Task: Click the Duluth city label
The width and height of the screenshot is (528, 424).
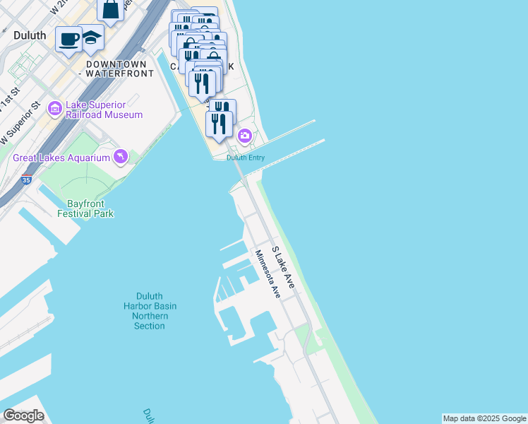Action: pos(30,35)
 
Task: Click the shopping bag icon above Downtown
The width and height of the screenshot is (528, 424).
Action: pos(111,9)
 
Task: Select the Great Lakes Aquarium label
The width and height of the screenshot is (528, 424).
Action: pos(61,157)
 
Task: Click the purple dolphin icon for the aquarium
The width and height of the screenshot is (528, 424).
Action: pos(121,156)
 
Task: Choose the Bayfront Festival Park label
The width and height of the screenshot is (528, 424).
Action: pos(85,208)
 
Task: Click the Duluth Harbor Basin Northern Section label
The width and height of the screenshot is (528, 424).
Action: pos(150,311)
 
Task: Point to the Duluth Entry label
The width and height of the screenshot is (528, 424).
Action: pos(246,158)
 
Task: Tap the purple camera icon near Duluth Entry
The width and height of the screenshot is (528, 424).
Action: pos(244,135)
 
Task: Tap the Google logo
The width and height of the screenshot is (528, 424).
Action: pos(23,416)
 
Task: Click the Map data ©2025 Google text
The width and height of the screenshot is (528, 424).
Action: pos(485,418)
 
